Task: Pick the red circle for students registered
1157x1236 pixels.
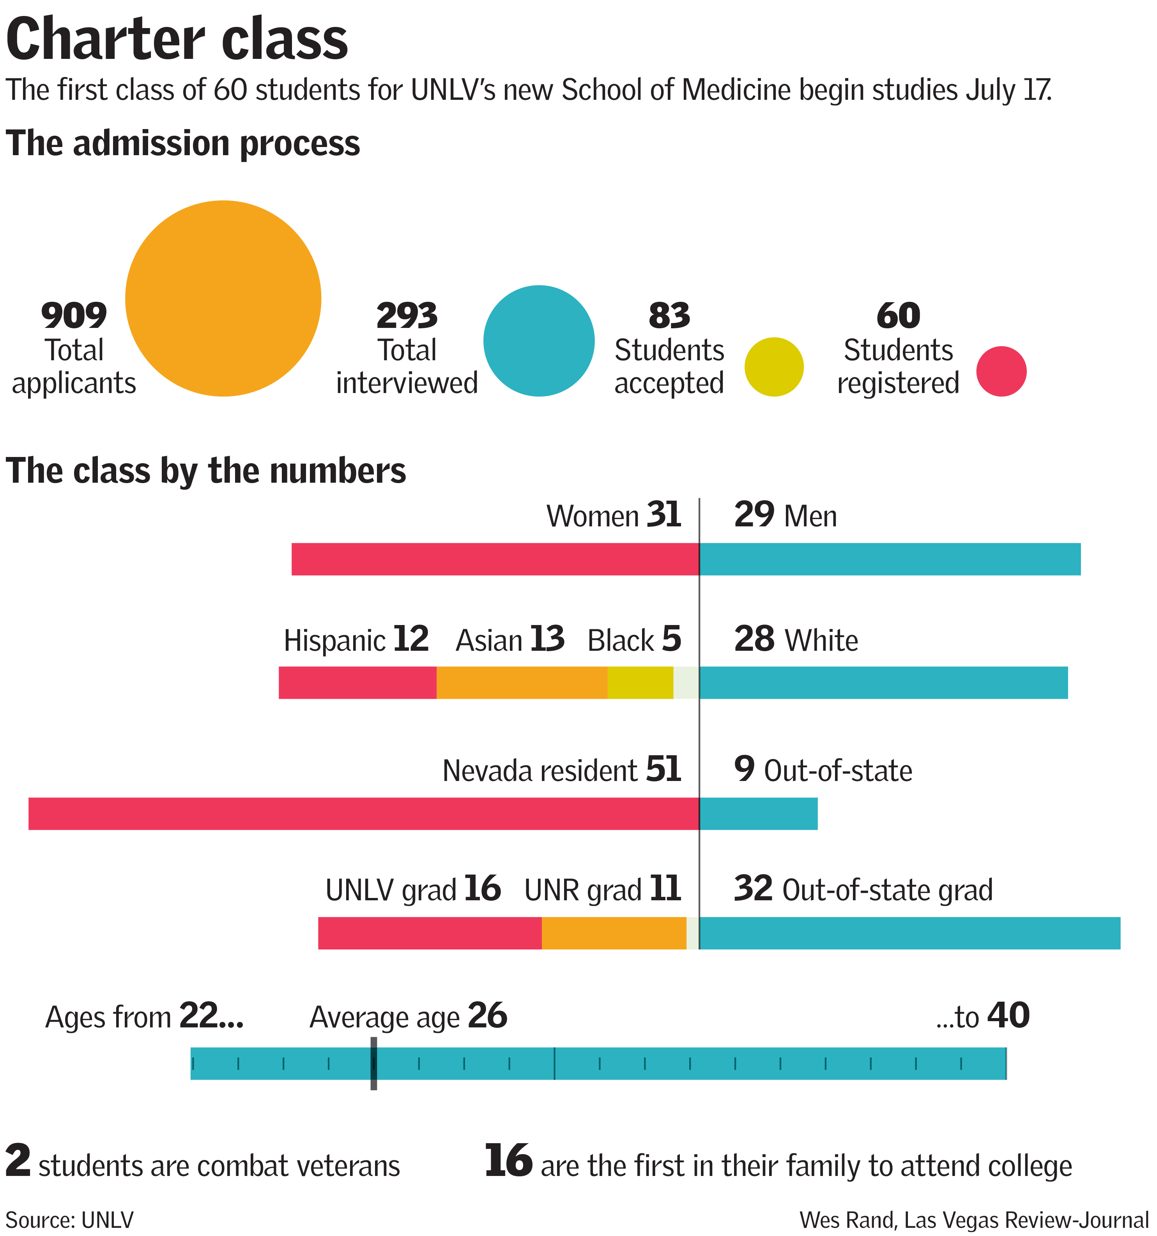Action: [1001, 371]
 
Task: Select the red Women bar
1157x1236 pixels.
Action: [495, 559]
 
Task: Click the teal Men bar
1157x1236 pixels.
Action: [890, 559]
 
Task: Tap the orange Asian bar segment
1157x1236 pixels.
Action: [522, 683]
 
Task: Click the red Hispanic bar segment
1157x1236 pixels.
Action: [357, 683]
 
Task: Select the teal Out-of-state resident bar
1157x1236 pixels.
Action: [759, 813]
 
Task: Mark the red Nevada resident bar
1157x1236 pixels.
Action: [364, 813]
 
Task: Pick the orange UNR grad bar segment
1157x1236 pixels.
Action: [614, 933]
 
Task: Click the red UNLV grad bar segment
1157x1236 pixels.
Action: [430, 933]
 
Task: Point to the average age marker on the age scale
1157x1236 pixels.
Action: [373, 1063]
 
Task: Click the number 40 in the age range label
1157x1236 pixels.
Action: [1008, 1016]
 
